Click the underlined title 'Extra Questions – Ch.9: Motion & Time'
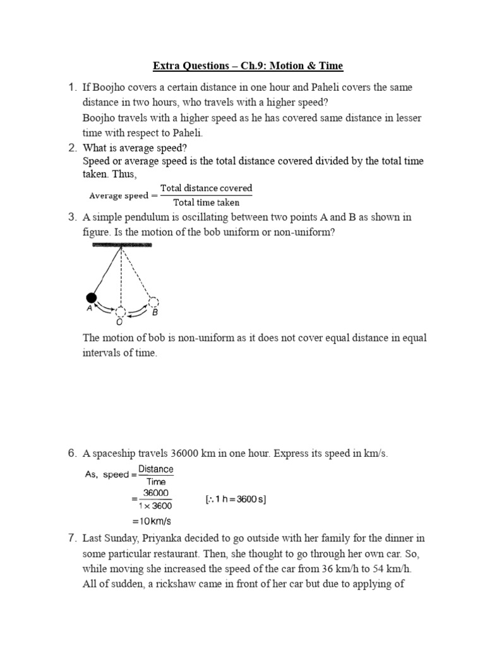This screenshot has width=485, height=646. [248, 66]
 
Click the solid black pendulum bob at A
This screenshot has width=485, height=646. [91, 297]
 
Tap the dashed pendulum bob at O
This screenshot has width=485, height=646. [121, 312]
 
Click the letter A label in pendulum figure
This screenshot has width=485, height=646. [89, 310]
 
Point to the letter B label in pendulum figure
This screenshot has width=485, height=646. [155, 313]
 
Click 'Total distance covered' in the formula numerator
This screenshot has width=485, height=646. [206, 188]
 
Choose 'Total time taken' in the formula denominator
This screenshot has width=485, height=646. [206, 202]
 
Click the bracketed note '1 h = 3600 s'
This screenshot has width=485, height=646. [236, 500]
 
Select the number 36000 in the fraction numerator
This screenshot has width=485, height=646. [155, 493]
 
